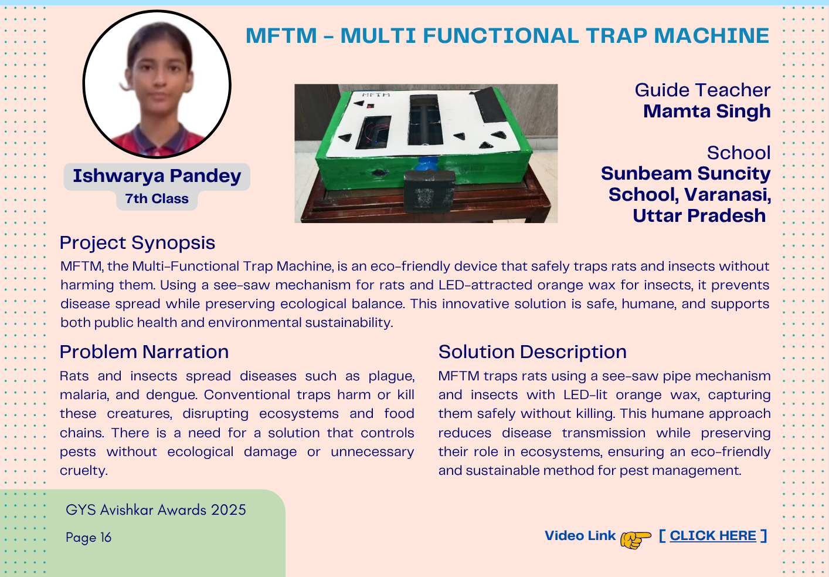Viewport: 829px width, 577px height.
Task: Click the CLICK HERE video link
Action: (x=713, y=535)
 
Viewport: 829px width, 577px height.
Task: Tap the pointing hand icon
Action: (x=636, y=539)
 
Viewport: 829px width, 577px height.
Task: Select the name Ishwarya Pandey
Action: (x=157, y=176)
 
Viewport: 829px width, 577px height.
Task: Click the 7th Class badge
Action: (x=157, y=198)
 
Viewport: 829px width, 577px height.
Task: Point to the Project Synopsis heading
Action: (x=137, y=243)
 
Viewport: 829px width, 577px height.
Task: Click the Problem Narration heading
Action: (x=144, y=352)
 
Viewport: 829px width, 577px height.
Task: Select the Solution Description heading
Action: (x=532, y=352)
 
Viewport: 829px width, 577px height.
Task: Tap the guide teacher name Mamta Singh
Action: (x=706, y=111)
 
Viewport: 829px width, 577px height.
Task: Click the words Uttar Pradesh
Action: (x=699, y=215)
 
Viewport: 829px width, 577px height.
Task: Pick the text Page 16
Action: (x=89, y=537)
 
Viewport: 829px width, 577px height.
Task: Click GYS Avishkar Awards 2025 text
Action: (x=156, y=510)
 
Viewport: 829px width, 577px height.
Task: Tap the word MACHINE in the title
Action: (x=711, y=36)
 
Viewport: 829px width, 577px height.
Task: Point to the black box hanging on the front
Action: (x=429, y=191)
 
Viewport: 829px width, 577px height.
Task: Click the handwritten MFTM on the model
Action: (x=375, y=95)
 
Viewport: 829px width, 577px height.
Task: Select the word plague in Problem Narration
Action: (x=392, y=376)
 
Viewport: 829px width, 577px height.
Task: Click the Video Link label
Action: (x=580, y=535)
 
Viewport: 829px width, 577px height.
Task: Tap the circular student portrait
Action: (x=157, y=84)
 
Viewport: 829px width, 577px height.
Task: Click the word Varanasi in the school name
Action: (x=728, y=195)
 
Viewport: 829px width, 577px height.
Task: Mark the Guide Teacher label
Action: (x=702, y=90)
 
